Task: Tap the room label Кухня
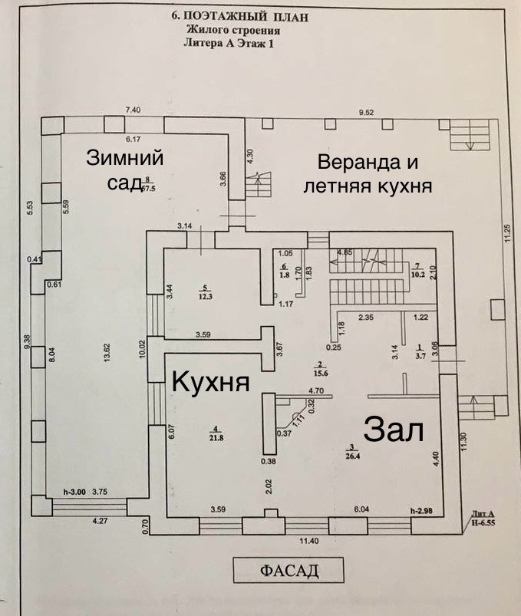[x=209, y=380]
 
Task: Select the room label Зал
[x=394, y=429]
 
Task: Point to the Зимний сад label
[x=125, y=169]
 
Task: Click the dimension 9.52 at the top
[x=371, y=113]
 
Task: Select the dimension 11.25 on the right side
[x=506, y=232]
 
